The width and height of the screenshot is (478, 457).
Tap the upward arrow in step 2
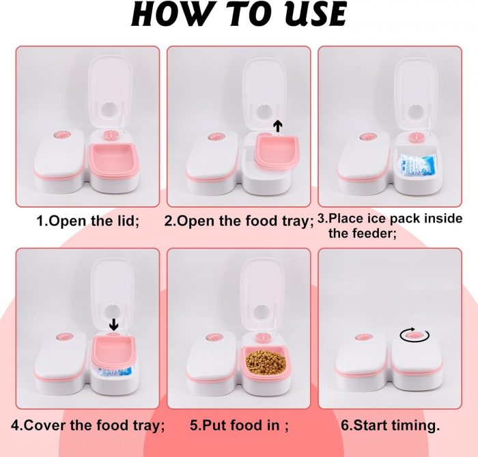coord(277,126)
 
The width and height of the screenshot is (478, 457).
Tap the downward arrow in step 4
coord(114,324)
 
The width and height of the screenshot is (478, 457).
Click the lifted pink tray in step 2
coord(277,150)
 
